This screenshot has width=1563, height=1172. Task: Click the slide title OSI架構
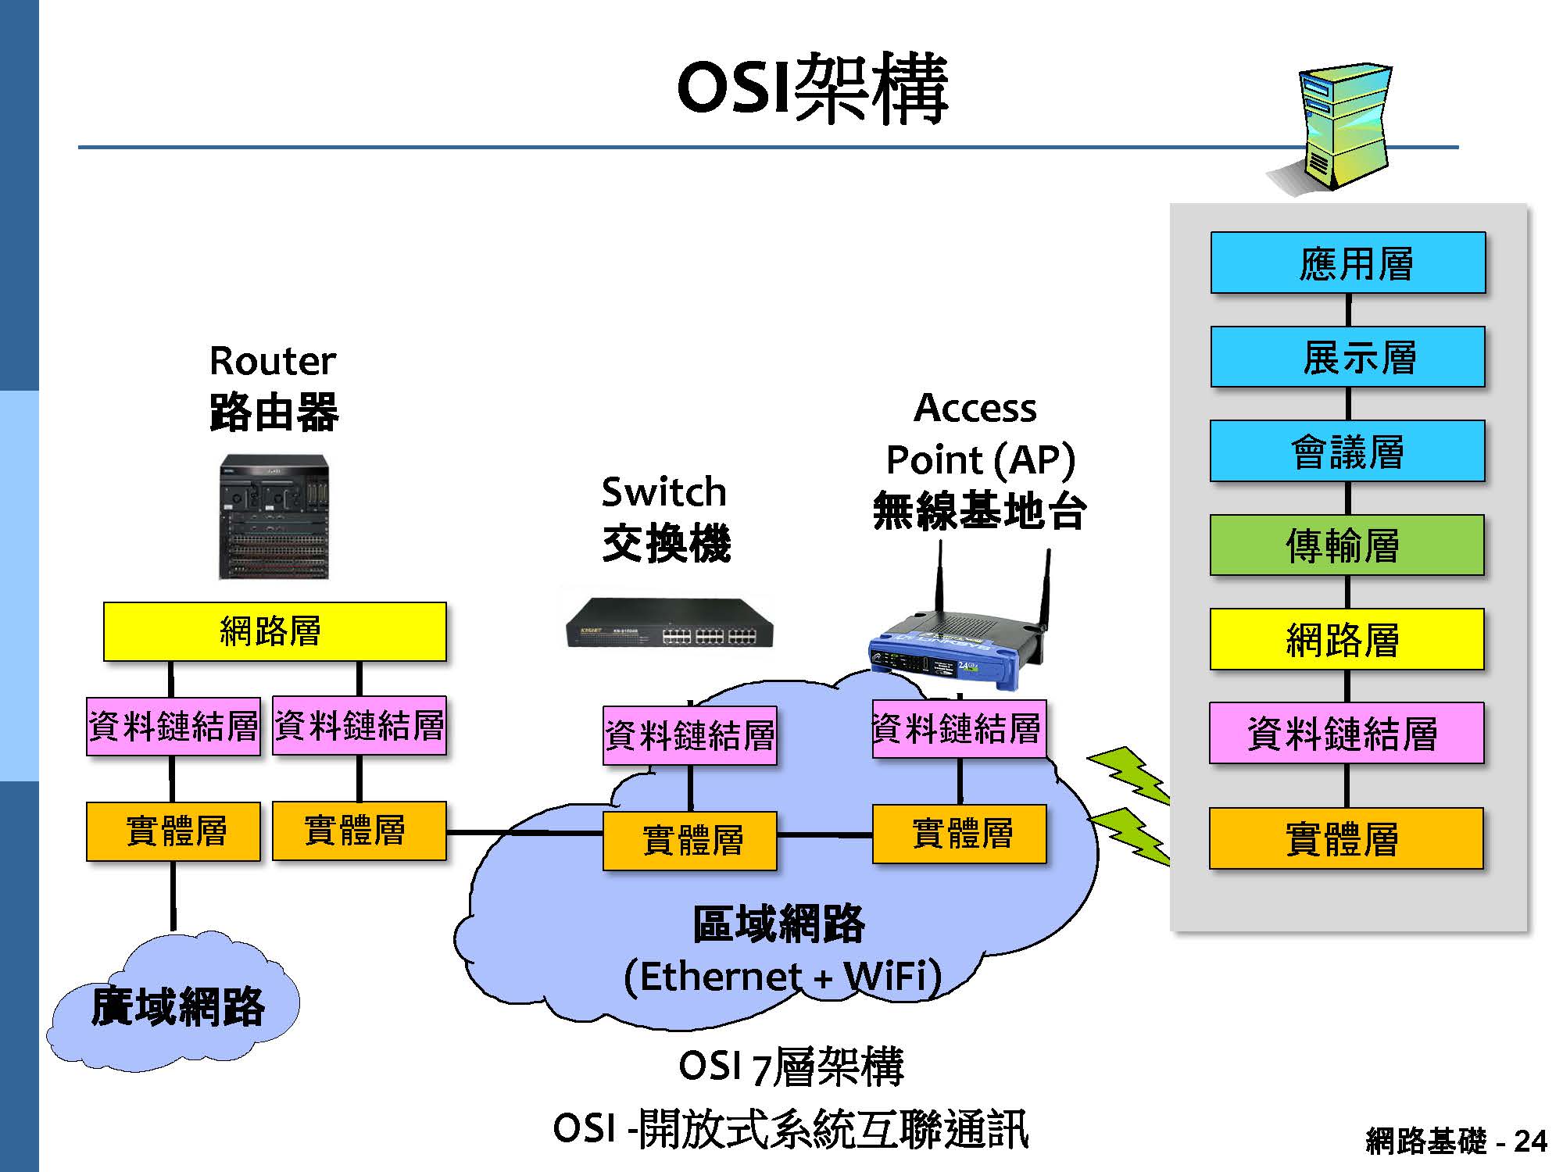click(x=813, y=89)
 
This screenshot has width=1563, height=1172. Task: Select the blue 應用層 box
click(x=1348, y=263)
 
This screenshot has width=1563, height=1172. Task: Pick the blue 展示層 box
click(x=1348, y=357)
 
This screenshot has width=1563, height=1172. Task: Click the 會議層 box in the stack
click(x=1347, y=452)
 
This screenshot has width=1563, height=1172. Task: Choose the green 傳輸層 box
click(x=1347, y=545)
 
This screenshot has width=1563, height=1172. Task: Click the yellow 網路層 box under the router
click(x=274, y=631)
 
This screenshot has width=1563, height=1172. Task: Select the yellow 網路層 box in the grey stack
click(x=1347, y=640)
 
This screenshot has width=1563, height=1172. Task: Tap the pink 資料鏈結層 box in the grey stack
click(x=1346, y=733)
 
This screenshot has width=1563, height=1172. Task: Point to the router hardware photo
click(x=274, y=517)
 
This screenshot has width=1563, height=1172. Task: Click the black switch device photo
click(x=669, y=623)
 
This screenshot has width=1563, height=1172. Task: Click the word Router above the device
click(x=272, y=361)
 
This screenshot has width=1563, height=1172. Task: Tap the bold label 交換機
click(x=667, y=543)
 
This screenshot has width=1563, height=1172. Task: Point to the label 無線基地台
click(x=978, y=511)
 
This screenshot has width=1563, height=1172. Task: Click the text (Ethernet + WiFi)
click(x=782, y=977)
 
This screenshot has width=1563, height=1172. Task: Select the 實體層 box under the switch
click(x=689, y=841)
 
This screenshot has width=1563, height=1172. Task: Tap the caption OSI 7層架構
click(x=791, y=1067)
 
